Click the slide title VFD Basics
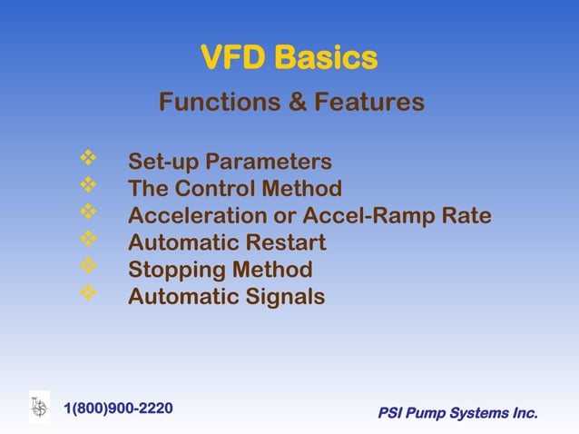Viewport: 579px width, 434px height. click(289, 59)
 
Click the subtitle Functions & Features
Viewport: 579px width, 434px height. click(291, 103)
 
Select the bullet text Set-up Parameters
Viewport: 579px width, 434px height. click(230, 163)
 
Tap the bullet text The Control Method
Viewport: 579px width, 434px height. click(235, 189)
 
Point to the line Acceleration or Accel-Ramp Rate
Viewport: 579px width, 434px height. click(309, 216)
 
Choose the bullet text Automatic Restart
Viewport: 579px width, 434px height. click(227, 243)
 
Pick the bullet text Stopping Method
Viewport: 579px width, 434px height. click(221, 270)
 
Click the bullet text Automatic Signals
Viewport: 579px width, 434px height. click(226, 296)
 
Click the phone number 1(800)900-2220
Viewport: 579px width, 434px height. click(118, 408)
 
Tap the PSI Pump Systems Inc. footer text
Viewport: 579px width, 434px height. click(457, 414)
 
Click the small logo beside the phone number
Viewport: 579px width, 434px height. click(39, 407)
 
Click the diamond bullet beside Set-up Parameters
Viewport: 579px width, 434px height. click(88, 161)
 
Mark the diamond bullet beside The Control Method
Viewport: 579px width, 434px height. click(88, 187)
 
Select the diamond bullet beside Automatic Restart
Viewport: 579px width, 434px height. click(88, 241)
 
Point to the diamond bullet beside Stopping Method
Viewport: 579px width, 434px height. click(88, 268)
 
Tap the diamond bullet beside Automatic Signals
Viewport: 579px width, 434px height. click(88, 294)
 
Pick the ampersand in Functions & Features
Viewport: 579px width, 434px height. click(296, 103)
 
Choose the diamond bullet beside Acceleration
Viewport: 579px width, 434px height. click(88, 214)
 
